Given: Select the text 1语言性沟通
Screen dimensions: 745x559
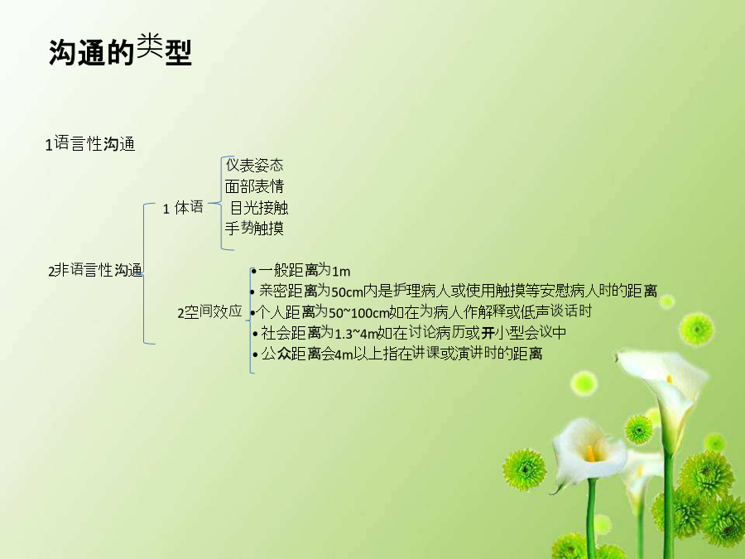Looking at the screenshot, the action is coord(90,143).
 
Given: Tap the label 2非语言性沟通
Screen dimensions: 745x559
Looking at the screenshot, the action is coord(95,270).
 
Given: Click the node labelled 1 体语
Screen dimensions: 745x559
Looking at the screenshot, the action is coord(183,208).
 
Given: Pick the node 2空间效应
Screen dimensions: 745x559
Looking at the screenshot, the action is coord(209,312).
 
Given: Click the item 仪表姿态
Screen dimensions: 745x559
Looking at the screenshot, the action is coord(255,165).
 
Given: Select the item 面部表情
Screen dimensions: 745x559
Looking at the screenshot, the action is coord(254,186).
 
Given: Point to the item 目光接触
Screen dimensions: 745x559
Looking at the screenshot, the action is coord(259,208).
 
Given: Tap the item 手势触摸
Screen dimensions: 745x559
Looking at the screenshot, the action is coord(254,229).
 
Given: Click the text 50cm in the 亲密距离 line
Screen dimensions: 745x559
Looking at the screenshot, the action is coord(347,292).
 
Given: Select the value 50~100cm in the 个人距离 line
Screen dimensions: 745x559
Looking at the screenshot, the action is coord(358,313).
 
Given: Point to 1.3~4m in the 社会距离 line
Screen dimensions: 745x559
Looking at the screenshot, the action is coord(356,334).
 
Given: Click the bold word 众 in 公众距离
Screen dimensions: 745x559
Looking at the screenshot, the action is coord(284,354).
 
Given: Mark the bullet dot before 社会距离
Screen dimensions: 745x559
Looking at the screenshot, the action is coord(256,335).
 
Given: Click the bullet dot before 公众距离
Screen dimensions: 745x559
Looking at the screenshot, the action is coord(256,355).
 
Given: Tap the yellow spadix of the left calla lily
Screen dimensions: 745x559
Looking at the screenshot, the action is coord(590,454).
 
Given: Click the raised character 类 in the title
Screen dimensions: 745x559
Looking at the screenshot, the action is coord(150,46).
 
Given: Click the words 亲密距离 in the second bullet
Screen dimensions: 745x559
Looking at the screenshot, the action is coord(288,291).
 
